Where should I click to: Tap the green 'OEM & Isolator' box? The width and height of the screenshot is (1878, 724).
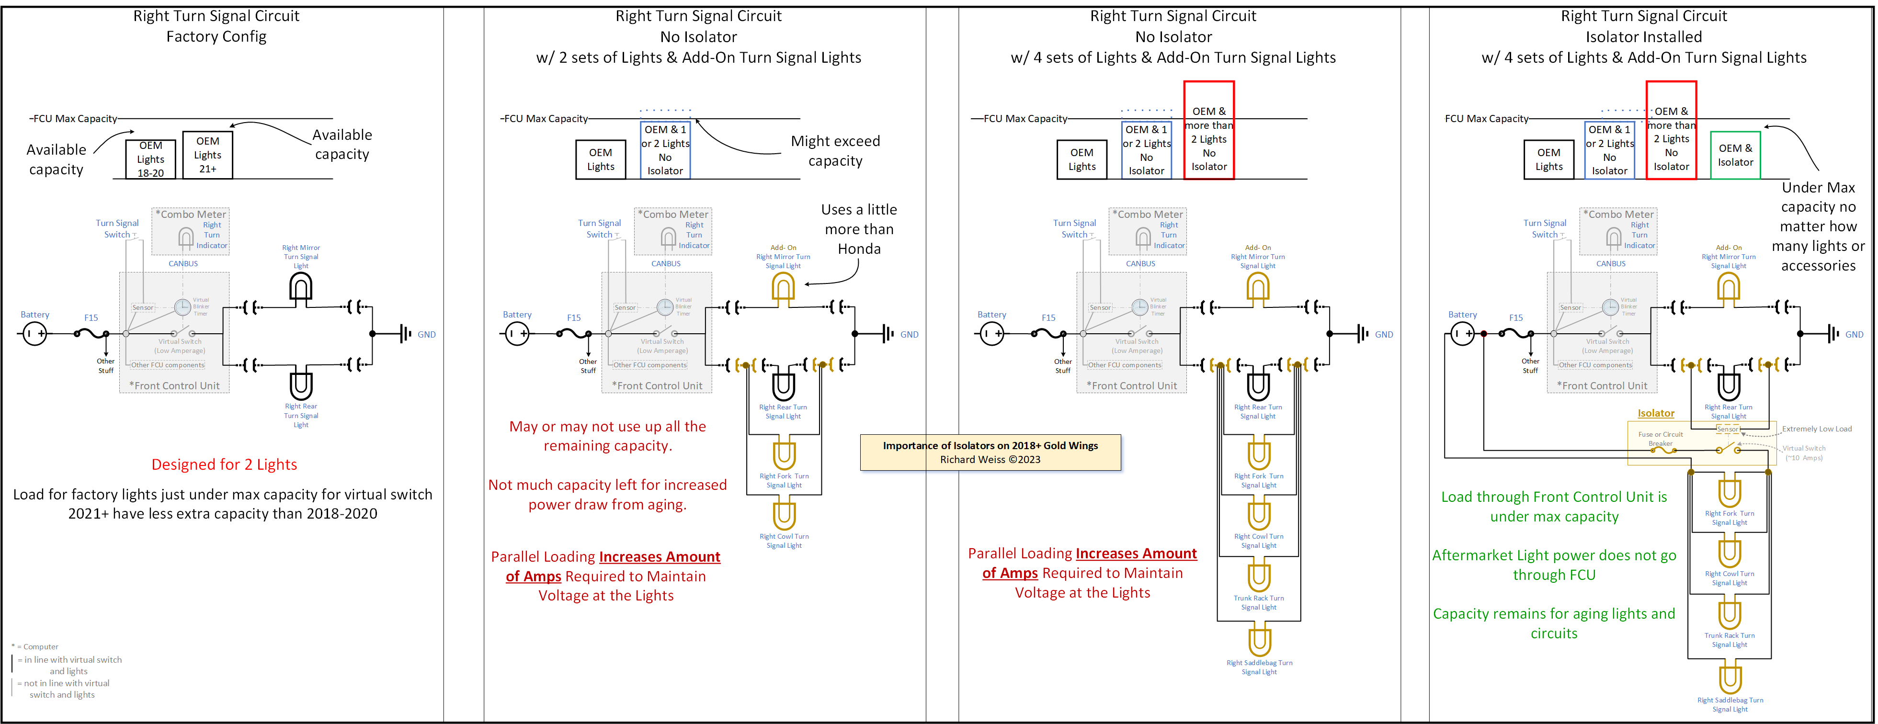click(x=1735, y=155)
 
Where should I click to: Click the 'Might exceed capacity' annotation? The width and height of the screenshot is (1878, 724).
click(x=835, y=151)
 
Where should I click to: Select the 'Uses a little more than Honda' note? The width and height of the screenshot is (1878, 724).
click(x=859, y=229)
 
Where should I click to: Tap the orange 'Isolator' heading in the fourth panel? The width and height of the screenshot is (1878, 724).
click(x=1656, y=413)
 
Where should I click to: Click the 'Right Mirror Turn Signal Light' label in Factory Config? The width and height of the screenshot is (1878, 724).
click(x=301, y=257)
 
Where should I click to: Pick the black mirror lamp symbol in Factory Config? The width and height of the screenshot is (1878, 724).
click(x=301, y=287)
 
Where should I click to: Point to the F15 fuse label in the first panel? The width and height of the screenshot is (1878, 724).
click(x=91, y=318)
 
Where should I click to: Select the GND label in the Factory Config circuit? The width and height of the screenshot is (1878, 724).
click(x=426, y=335)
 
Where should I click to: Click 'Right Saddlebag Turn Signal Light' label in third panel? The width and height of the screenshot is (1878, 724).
click(x=1259, y=667)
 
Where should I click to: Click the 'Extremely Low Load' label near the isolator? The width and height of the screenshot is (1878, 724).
click(x=1816, y=429)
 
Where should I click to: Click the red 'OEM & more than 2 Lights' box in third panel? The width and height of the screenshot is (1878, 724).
click(x=1209, y=131)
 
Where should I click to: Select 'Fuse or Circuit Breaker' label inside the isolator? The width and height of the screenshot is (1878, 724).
click(x=1660, y=438)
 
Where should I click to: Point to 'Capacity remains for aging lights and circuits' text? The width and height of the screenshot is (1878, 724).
click(x=1554, y=623)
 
